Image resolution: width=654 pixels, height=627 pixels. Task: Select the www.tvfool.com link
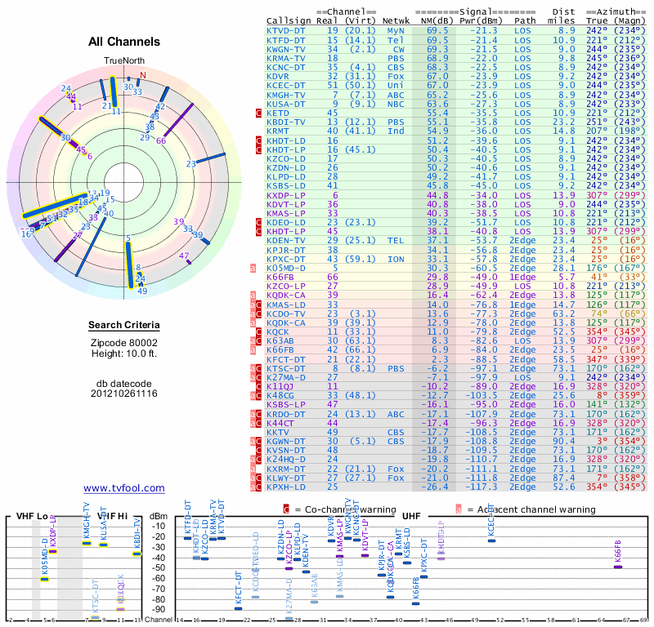pyautogui.click(x=124, y=488)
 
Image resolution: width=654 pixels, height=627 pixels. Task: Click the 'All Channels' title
pyautogui.click(x=123, y=42)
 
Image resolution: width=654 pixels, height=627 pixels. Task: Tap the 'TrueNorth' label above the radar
pyautogui.click(x=123, y=61)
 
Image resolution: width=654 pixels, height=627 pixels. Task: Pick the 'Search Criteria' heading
pyautogui.click(x=123, y=326)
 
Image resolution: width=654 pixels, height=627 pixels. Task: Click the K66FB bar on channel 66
pyautogui.click(x=618, y=567)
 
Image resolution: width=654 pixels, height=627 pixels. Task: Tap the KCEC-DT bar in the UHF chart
pyautogui.click(x=491, y=540)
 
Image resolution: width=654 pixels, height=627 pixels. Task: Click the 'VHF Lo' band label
pyautogui.click(x=31, y=516)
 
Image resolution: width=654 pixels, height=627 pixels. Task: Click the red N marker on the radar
pyautogui.click(x=142, y=76)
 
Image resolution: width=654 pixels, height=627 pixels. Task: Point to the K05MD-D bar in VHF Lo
pyautogui.click(x=44, y=579)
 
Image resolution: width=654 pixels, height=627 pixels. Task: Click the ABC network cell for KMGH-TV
pyautogui.click(x=396, y=94)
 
